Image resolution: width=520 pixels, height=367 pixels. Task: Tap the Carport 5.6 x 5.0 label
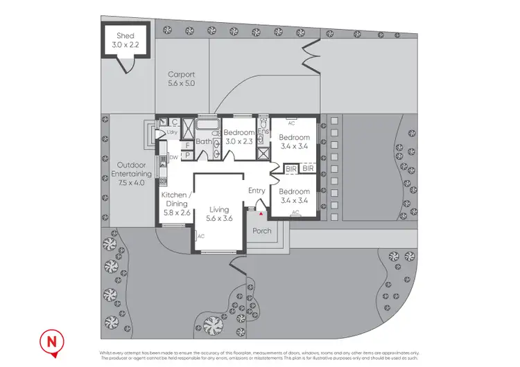point(181,78)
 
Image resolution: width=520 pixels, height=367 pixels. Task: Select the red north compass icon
point(51,341)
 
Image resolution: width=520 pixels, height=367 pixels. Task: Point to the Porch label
point(262,231)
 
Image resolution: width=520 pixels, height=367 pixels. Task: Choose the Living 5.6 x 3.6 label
point(219,214)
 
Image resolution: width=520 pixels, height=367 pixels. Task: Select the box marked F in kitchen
point(187,146)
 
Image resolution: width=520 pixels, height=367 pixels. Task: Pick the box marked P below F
point(187,155)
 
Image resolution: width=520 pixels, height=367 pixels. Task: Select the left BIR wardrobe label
point(292,168)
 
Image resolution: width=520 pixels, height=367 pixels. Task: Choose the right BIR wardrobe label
point(308,168)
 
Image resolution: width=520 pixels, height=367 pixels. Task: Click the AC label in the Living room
point(201,236)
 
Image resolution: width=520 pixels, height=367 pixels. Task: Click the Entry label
point(257,190)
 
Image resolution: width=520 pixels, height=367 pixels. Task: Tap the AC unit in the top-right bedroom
point(291,122)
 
